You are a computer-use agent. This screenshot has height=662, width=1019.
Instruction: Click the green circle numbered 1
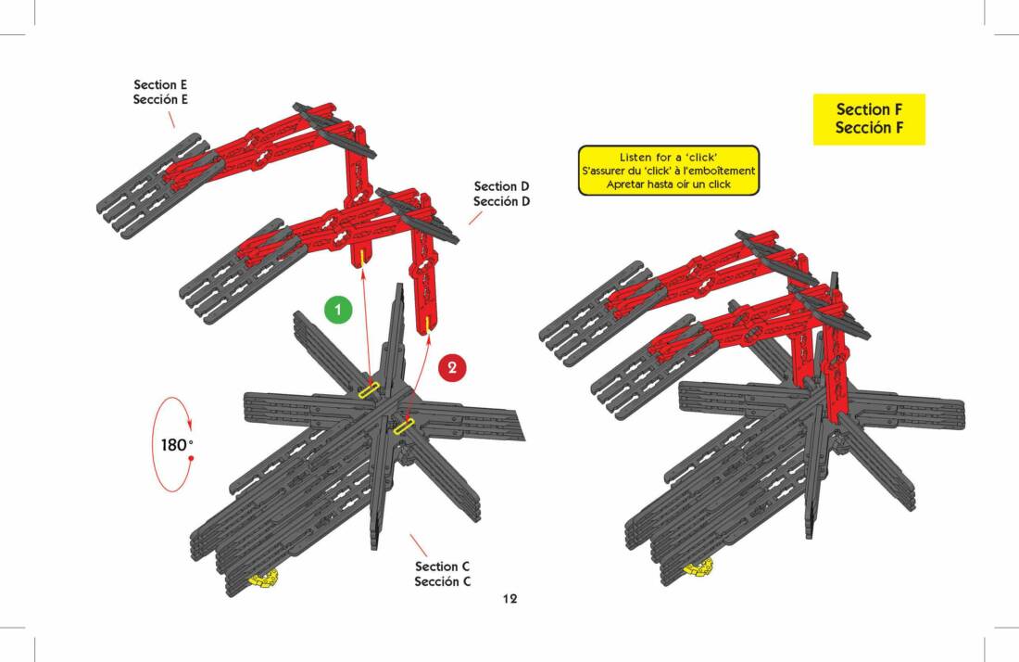[x=338, y=309]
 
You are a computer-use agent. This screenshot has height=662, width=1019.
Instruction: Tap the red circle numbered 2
[x=452, y=367]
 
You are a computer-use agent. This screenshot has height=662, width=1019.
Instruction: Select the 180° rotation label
[x=177, y=445]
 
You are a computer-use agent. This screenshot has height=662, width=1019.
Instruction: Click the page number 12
[x=509, y=599]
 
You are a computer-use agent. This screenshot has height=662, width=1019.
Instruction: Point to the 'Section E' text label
[x=160, y=84]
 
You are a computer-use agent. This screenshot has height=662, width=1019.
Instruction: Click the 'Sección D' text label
[x=501, y=201]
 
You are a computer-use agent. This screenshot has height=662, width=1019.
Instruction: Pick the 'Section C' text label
[x=442, y=567]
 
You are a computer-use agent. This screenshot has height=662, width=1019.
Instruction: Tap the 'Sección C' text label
[x=443, y=581]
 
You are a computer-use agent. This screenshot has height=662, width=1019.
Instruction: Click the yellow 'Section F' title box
[x=869, y=119]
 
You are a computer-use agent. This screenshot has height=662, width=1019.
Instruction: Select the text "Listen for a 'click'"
[x=668, y=158]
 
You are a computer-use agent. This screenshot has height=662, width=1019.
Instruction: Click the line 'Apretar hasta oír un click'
[x=669, y=185]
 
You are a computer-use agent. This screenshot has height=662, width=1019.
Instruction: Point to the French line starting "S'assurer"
[x=669, y=171]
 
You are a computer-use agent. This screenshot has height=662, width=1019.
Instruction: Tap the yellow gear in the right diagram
[x=698, y=567]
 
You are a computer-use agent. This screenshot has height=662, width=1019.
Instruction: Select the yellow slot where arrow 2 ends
[x=404, y=426]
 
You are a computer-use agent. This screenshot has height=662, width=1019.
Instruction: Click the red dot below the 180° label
[x=191, y=458]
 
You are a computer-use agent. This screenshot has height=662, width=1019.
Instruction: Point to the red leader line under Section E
[x=171, y=120]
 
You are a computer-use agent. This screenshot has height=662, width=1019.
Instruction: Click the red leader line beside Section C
[x=419, y=545]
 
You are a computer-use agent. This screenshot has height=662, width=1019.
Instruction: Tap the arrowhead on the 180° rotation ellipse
[x=190, y=424]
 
